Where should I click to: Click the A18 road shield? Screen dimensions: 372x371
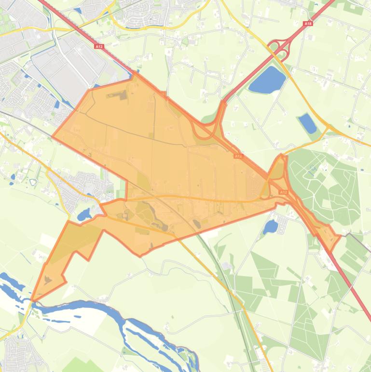click(x=308, y=23)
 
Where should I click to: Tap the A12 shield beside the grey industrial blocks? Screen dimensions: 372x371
click(x=99, y=46)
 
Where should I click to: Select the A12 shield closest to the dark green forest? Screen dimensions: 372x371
click(x=283, y=192)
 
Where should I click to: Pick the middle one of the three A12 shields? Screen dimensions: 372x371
click(x=238, y=156)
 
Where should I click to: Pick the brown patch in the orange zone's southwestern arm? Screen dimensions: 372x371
click(x=48, y=279)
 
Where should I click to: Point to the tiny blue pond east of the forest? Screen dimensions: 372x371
click(x=362, y=170)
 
